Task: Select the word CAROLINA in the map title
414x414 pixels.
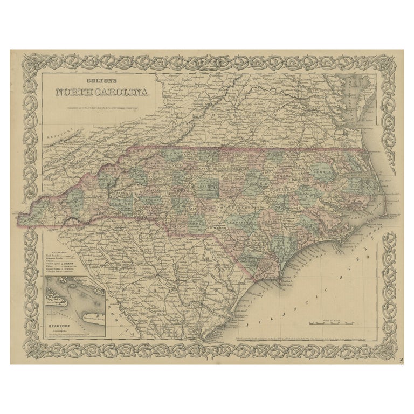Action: pyautogui.click(x=123, y=92)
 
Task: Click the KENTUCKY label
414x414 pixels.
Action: pyautogui.click(x=57, y=131)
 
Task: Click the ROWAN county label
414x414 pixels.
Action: pyautogui.click(x=183, y=190)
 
